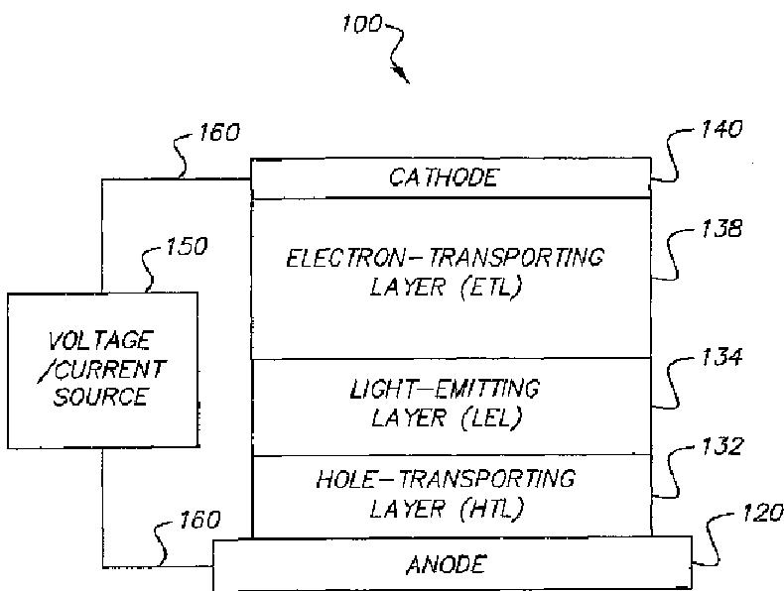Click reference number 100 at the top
[361, 24]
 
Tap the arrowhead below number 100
[404, 75]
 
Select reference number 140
[721, 130]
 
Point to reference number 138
[720, 228]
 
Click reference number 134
[720, 357]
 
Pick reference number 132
[720, 446]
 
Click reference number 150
[186, 246]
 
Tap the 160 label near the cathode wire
[217, 132]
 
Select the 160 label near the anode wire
[198, 520]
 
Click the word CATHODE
[444, 178]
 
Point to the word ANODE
[447, 565]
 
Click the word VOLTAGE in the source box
[100, 342]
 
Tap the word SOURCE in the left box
[101, 397]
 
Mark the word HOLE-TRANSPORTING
[445, 479]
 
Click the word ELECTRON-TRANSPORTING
[445, 258]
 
